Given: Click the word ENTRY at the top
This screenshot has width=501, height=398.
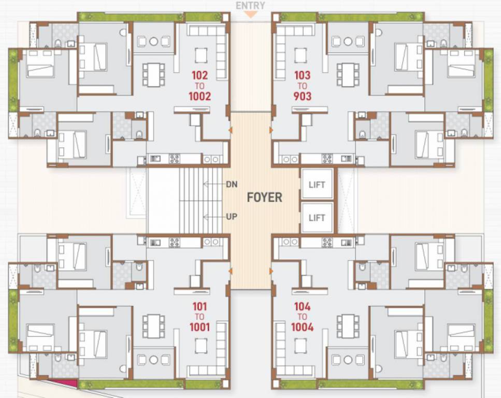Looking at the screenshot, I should tap(250, 6).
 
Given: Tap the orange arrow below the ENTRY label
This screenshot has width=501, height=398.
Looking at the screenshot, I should tap(250, 15).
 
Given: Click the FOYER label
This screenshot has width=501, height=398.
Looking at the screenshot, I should tap(264, 197).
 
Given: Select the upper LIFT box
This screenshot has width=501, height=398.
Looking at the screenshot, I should tap(317, 184).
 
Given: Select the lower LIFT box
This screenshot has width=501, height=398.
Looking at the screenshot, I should tap(317, 218).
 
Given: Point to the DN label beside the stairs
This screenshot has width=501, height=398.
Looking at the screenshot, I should tap(231, 184).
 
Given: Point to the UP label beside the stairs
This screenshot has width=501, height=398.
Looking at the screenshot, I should tap(231, 217).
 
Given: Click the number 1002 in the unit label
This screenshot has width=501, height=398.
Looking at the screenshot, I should tap(200, 96).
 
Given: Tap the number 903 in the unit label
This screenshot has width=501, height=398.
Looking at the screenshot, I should tap(302, 96).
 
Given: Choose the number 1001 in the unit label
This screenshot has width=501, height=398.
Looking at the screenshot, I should tap(199, 327).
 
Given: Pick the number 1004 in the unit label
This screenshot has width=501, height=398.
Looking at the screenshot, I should tap(302, 327).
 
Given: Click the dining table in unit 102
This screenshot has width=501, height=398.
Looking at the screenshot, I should tap(153, 74).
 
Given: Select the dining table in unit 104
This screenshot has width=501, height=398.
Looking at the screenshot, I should tap(348, 326).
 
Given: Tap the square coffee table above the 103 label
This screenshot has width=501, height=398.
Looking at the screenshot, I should tap(301, 54).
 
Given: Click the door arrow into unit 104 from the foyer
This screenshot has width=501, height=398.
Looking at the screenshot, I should tap(271, 271).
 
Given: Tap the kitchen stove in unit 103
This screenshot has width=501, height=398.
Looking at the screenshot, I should tap(327, 159).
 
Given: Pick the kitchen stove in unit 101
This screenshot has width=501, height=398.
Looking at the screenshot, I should tap(174, 242).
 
